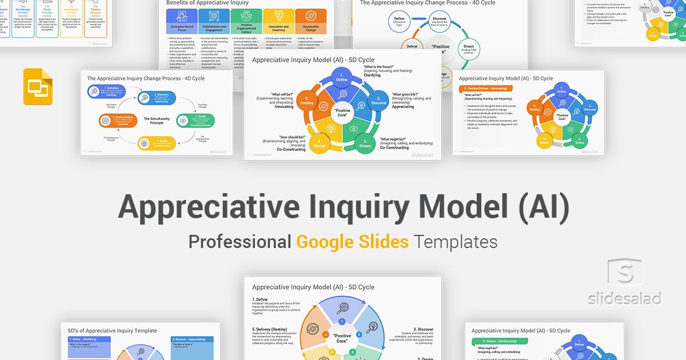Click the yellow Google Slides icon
[38, 86]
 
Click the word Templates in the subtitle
[456, 242]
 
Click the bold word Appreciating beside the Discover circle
[402, 107]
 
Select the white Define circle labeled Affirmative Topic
[399, 21]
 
